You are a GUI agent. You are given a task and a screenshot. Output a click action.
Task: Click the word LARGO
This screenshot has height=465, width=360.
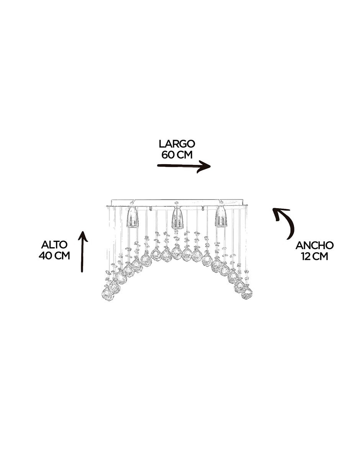tap(177, 144)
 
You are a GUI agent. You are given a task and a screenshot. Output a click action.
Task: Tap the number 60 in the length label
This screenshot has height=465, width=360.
tap(168, 155)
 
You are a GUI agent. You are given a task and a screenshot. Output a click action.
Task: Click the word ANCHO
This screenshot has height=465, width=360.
tap(314, 246)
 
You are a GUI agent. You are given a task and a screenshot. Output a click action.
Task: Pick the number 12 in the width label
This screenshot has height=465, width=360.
tap(306, 256)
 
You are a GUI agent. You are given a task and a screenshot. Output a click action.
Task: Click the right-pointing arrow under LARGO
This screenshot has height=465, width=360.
tap(184, 166)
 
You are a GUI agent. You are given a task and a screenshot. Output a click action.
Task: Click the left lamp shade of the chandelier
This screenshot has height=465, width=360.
tap(133, 217)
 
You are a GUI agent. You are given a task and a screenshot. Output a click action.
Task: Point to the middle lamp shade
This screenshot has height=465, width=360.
tap(178, 217)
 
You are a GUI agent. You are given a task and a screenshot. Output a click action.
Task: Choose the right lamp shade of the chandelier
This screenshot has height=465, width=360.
tap(221, 217)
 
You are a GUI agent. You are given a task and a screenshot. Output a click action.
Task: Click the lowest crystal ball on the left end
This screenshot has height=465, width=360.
tap(108, 294)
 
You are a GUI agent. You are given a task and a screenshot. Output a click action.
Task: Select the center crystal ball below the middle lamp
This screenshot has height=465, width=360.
tap(177, 254)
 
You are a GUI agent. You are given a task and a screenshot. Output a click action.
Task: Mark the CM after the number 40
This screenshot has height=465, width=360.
tap(62, 256)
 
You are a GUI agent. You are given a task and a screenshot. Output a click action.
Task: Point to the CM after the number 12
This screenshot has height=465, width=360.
tap(320, 256)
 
